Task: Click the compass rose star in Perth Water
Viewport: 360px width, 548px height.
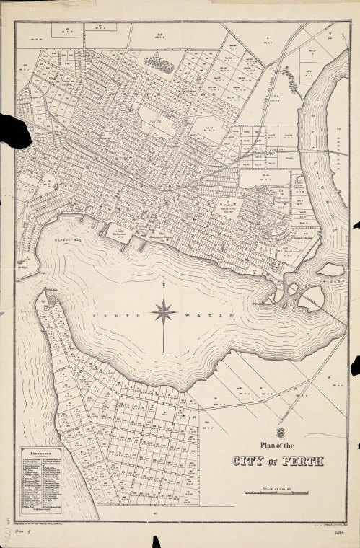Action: click(x=163, y=313)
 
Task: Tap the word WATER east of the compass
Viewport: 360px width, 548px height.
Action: click(x=214, y=315)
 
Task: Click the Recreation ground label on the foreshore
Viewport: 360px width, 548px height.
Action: click(x=123, y=235)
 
